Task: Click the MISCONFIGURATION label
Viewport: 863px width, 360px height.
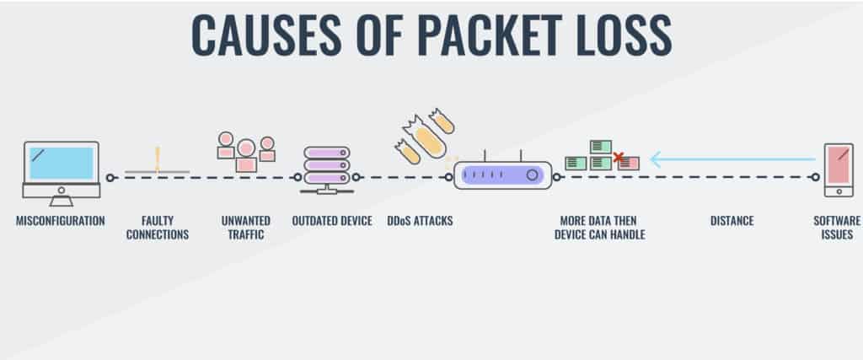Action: click(61, 221)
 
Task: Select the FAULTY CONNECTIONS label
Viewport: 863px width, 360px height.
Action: click(158, 228)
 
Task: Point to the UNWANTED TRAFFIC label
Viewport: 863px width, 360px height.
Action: click(246, 228)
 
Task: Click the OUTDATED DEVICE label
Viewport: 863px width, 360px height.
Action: click(332, 221)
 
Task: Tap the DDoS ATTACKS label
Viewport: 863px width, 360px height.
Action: click(420, 221)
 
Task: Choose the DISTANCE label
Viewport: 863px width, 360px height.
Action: click(732, 221)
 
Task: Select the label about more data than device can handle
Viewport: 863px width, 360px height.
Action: click(599, 228)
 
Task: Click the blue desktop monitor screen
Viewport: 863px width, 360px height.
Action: click(61, 163)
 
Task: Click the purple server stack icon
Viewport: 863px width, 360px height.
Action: click(325, 166)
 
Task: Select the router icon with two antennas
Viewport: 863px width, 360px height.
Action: click(502, 175)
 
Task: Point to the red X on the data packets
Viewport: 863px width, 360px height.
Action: click(619, 157)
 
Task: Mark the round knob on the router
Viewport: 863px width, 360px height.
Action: click(533, 175)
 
